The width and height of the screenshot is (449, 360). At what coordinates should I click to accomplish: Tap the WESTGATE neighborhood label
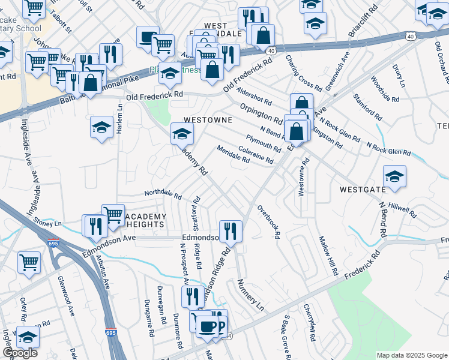[362, 189]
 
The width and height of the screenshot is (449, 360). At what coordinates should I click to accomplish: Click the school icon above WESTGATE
[394, 176]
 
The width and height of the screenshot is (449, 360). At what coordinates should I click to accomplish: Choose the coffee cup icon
[208, 327]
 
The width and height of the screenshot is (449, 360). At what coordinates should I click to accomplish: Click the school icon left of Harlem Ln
[102, 127]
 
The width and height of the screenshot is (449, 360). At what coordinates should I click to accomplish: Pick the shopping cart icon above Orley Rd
[29, 262]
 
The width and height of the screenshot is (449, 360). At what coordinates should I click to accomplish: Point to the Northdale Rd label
[163, 194]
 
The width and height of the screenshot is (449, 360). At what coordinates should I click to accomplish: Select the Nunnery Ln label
[250, 295]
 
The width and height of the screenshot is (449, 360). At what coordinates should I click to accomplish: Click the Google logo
[20, 353]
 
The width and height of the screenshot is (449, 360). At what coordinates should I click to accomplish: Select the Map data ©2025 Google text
[412, 355]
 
